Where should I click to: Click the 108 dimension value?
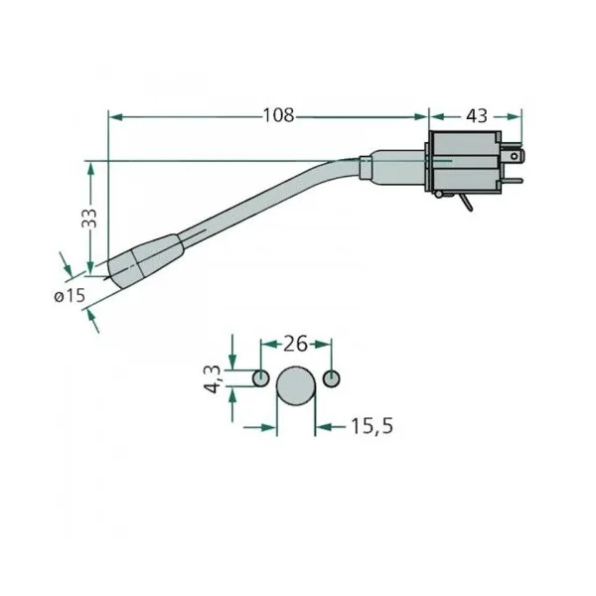[278, 115]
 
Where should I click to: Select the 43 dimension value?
[476, 115]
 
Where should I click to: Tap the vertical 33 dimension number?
[89, 218]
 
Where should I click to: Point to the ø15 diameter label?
[70, 295]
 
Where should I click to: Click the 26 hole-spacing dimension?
[295, 344]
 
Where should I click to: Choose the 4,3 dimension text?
[213, 378]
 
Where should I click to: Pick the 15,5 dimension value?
[372, 426]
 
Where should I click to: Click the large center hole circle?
[296, 385]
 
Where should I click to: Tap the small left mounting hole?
[260, 378]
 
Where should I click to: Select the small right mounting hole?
[332, 378]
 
